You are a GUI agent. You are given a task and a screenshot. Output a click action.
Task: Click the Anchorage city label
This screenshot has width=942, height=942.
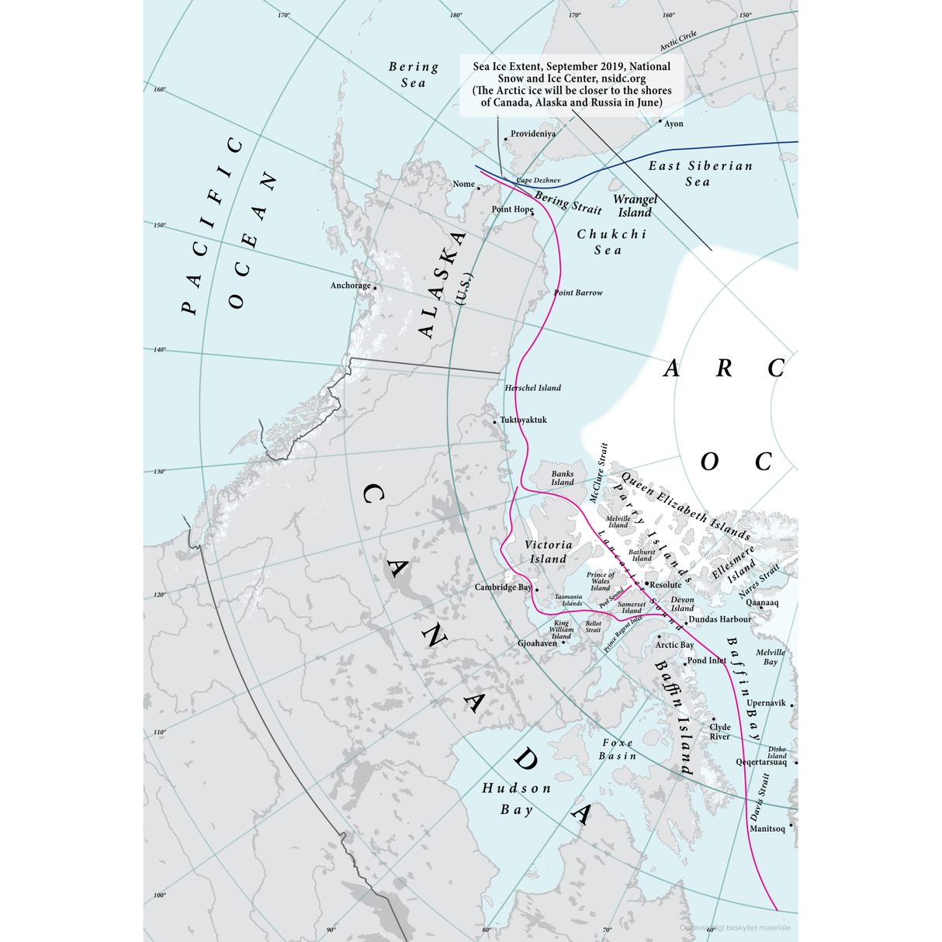(351, 286)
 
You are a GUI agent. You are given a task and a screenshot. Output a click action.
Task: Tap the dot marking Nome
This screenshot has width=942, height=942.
(479, 188)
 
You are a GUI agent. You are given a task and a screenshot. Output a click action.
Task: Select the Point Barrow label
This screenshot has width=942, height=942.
(578, 293)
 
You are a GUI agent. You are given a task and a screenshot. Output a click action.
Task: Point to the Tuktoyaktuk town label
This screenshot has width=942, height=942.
(523, 420)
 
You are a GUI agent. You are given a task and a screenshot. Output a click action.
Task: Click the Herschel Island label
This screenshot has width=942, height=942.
(532, 388)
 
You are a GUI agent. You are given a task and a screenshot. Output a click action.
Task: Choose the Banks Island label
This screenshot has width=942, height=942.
(563, 478)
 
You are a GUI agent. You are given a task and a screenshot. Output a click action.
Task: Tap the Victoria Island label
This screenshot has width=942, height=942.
(549, 552)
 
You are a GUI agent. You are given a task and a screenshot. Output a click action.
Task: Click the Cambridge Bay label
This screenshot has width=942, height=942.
(503, 587)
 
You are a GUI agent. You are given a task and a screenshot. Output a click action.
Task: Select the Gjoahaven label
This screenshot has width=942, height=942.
(537, 643)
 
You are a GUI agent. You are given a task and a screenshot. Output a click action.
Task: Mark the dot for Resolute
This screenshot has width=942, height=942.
(646, 584)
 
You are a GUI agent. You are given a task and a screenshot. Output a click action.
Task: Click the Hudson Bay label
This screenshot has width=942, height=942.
(517, 798)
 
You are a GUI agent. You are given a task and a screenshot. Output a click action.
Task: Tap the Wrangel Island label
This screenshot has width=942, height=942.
(635, 206)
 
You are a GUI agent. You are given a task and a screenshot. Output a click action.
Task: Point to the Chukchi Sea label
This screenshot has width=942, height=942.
(611, 241)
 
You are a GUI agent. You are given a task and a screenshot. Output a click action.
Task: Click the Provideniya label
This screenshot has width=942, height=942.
(533, 133)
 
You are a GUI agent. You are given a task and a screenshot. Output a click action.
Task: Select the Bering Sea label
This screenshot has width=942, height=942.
(414, 74)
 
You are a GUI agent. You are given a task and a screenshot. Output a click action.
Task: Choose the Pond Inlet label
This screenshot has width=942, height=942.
(707, 660)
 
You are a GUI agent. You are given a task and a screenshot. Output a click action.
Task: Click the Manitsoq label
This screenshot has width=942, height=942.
(767, 829)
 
